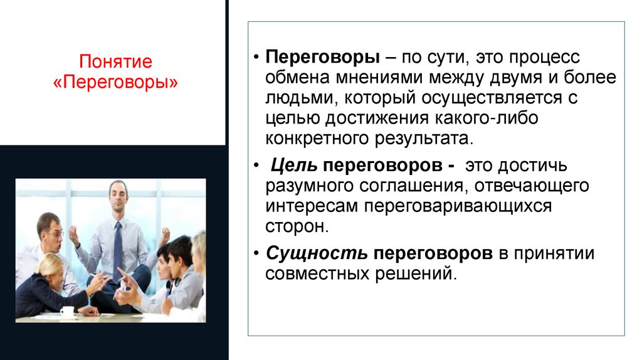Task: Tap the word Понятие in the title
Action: click(116, 62)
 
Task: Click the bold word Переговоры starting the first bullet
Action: click(322, 58)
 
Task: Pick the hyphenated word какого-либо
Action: click(493, 119)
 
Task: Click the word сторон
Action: click(296, 226)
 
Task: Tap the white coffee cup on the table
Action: click(66, 310)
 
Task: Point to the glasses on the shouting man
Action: click(54, 233)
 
